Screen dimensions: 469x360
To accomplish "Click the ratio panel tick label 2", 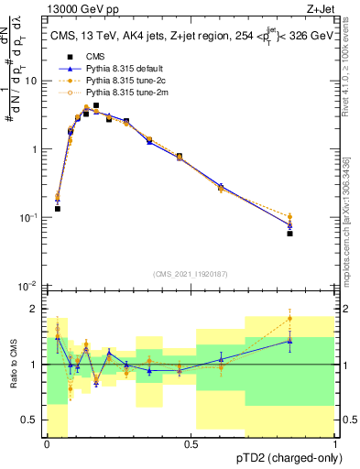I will click(x=36, y=309).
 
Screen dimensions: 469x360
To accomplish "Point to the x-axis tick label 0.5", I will click(x=191, y=444).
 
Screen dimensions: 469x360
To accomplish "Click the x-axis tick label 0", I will click(x=47, y=444).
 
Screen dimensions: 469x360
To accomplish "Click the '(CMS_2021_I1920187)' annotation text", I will click(x=191, y=274).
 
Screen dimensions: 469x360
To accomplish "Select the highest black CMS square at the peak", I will click(x=95, y=105).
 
